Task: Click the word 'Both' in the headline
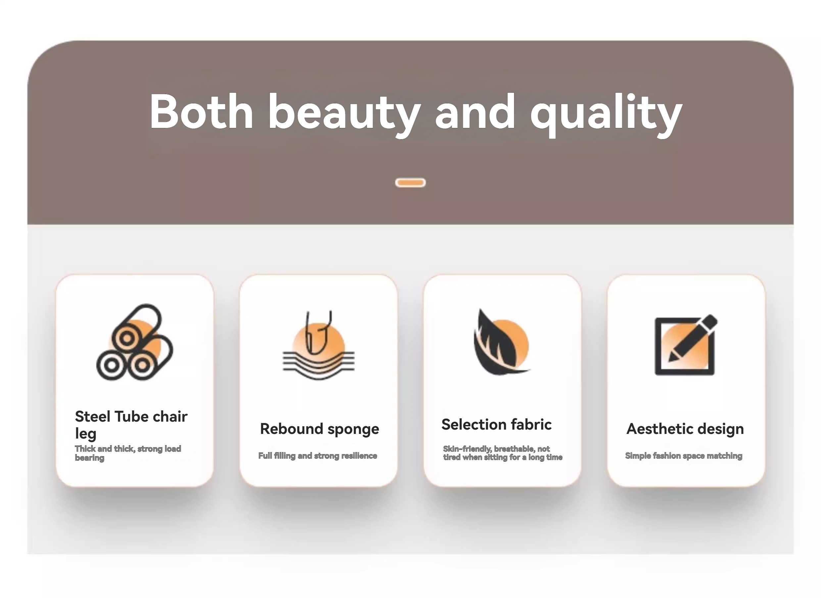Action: coord(201,111)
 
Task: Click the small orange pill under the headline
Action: coord(410,182)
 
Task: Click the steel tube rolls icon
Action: coord(135,342)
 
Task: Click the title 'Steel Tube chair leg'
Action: coord(131,424)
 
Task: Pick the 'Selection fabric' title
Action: coord(496,424)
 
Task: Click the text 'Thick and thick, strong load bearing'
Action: coord(128,453)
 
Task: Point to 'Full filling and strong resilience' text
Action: coord(317,455)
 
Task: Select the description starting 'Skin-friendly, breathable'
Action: coord(503,453)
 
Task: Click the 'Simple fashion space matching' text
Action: coord(683,455)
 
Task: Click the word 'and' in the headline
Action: coord(475,111)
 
